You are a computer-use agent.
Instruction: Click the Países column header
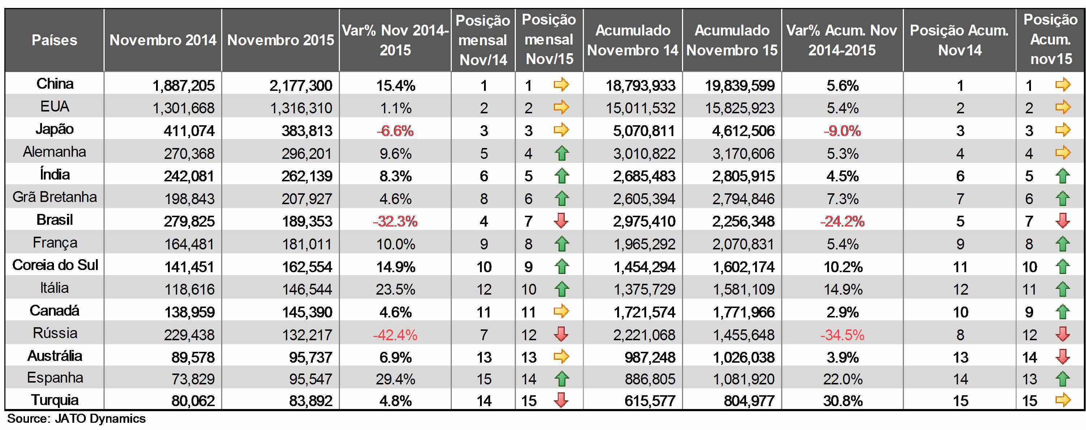54,40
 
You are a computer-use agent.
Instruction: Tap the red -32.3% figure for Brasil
395,221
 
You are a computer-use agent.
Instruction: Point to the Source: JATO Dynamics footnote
76,419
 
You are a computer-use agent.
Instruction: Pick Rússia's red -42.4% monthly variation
395,335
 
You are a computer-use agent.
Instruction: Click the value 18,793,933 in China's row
640,85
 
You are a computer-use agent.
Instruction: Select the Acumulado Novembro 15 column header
732,40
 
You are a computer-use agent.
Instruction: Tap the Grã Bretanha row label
55,197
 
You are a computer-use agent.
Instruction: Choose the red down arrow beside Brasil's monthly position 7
561,220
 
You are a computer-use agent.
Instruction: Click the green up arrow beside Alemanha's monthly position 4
561,153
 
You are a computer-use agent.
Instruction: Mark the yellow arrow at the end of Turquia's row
1063,399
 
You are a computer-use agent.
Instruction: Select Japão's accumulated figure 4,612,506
743,131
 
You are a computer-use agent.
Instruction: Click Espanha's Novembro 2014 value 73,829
193,379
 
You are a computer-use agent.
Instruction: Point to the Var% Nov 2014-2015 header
395,40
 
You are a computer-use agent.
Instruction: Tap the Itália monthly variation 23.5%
395,290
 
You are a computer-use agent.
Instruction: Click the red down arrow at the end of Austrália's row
1063,357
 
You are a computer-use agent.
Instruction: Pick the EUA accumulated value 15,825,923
740,108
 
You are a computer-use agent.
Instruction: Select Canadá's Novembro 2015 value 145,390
307,312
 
